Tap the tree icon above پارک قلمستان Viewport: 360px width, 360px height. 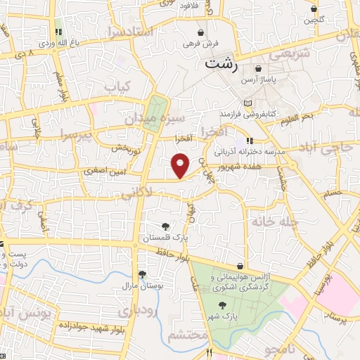pyautogui.click(x=165, y=226)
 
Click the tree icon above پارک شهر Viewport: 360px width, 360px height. pyautogui.click(x=223, y=304)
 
